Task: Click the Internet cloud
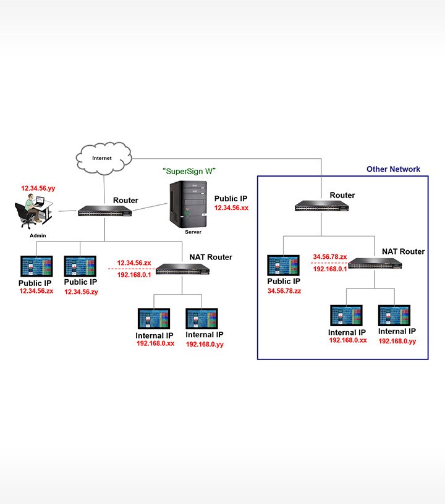pyautogui.click(x=103, y=158)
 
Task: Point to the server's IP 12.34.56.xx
pyautogui.click(x=231, y=209)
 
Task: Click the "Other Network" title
pyautogui.click(x=393, y=169)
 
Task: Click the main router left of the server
pyautogui.click(x=106, y=211)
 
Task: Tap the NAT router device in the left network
pyautogui.click(x=182, y=269)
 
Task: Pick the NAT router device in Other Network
pyautogui.click(x=375, y=264)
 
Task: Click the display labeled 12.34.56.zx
pyautogui.click(x=36, y=266)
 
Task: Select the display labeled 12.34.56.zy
pyautogui.click(x=81, y=266)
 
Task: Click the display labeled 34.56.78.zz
pyautogui.click(x=283, y=266)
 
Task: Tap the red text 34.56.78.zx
pyautogui.click(x=329, y=256)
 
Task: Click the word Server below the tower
pyautogui.click(x=193, y=232)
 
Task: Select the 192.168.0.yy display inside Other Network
pyautogui.click(x=395, y=316)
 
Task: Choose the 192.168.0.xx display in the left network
pyautogui.click(x=153, y=319)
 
